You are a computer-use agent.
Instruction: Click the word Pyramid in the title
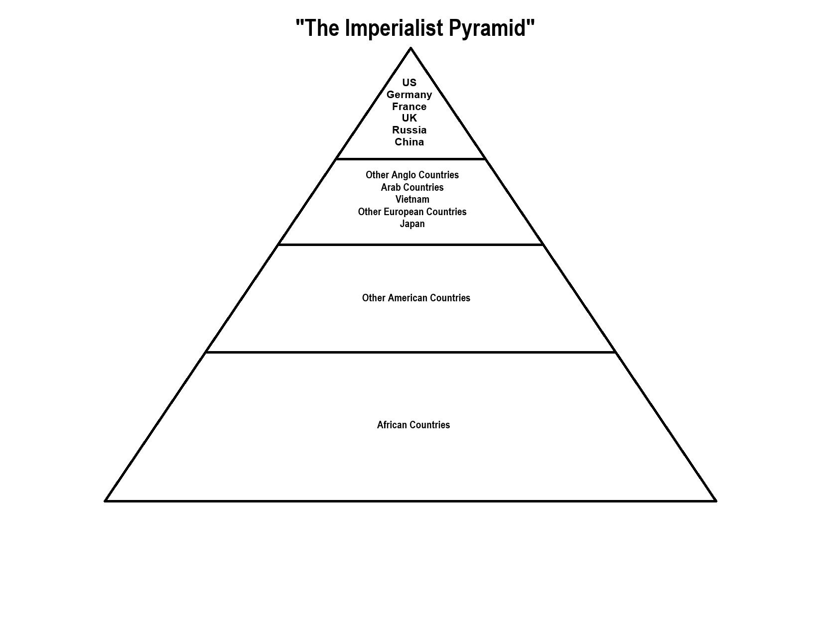[x=487, y=28]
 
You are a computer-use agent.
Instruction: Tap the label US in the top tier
[x=409, y=83]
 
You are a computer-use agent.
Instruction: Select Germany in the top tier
[x=409, y=95]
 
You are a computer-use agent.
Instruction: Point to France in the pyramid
[x=409, y=107]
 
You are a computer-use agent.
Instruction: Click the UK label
[x=409, y=118]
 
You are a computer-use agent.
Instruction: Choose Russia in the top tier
[x=409, y=130]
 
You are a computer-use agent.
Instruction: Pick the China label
[x=409, y=142]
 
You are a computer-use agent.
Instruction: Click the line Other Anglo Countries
[x=412, y=175]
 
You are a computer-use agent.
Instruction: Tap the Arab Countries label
[x=412, y=187]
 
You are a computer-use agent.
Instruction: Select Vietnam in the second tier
[x=412, y=199]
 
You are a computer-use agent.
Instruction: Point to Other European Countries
[x=412, y=212]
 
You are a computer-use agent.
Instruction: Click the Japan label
[x=412, y=224]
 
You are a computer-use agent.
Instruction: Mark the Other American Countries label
[x=416, y=298]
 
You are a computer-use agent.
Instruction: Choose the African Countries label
[x=413, y=425]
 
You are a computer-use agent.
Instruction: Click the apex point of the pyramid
[x=410, y=48]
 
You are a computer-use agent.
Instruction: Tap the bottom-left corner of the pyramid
[x=106, y=500]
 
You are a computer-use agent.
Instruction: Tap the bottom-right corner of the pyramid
[x=715, y=500]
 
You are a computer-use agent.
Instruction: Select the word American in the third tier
[x=408, y=298]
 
